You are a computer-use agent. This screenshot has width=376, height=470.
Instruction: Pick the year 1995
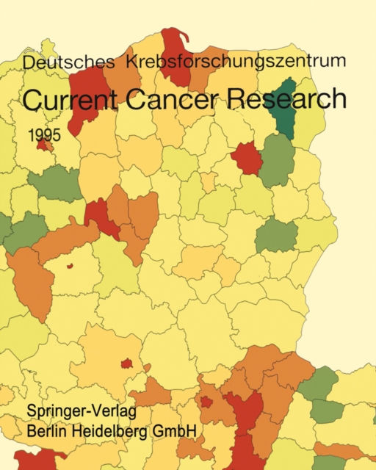[x=46, y=136]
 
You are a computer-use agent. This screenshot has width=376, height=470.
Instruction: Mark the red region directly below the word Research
[x=247, y=158]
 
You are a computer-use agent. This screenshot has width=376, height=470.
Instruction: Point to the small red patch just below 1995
[x=44, y=146]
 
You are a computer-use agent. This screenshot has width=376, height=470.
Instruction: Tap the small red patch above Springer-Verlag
[x=126, y=364]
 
